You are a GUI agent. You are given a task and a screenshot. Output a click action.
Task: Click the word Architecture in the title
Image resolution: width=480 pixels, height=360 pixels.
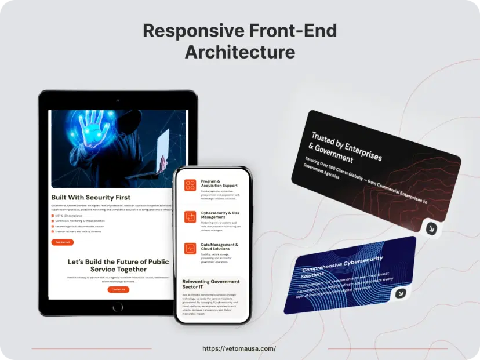tap(240, 52)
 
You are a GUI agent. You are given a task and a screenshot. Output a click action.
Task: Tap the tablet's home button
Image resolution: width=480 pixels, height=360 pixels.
tap(118, 307)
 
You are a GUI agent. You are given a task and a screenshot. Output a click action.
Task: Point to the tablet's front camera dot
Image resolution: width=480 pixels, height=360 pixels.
tap(118, 100)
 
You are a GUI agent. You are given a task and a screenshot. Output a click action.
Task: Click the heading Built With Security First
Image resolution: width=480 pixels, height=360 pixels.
tap(91, 197)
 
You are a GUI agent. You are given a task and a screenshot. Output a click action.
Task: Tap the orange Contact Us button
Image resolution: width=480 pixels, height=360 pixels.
tap(118, 289)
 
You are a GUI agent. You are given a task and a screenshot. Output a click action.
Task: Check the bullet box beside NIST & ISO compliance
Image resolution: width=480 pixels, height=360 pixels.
tap(53, 216)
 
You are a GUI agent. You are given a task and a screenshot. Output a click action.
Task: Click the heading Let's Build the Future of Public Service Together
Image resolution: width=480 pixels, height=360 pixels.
tap(118, 266)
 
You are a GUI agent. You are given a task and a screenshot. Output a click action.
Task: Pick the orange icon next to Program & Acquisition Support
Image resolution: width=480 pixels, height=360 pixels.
tap(190, 185)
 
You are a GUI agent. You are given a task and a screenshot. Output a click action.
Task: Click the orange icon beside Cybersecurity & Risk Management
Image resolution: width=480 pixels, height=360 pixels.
tap(190, 217)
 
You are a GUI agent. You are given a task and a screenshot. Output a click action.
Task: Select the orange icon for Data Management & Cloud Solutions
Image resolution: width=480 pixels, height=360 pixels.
tap(190, 248)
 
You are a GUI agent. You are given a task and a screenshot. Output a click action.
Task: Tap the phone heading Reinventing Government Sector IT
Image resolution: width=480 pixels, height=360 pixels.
tap(210, 284)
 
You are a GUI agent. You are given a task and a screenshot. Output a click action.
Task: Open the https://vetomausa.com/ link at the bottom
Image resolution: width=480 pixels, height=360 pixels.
tap(239, 348)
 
